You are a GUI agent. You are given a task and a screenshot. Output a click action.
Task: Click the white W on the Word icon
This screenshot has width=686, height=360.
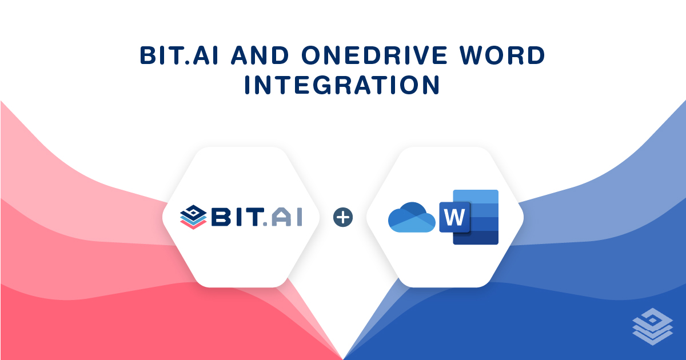tap(454, 217)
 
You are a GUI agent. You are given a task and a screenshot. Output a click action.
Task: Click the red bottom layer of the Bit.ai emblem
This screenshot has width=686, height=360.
tap(193, 225)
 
